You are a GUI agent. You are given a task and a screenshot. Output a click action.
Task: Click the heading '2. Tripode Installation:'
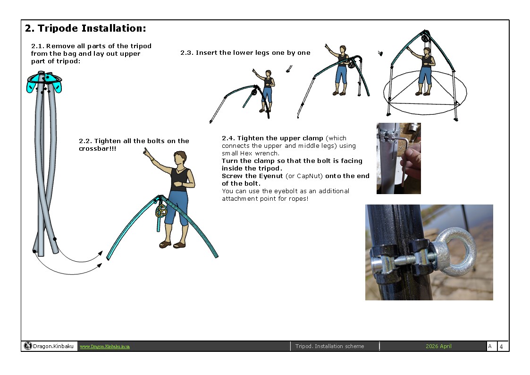[85, 28]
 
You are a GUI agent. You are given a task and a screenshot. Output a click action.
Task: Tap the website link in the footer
[105, 347]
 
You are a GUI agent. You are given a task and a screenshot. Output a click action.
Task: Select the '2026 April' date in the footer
[438, 346]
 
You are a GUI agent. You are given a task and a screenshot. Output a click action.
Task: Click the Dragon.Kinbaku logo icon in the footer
[28, 346]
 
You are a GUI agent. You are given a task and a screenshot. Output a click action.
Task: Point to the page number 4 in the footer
[501, 346]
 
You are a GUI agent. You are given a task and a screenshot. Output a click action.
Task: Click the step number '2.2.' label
[85, 141]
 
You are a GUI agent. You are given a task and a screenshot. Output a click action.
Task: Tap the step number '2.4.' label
[228, 138]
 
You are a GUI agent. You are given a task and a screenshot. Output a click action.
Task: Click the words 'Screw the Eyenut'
[252, 176]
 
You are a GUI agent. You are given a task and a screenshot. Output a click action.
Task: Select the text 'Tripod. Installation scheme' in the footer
[329, 346]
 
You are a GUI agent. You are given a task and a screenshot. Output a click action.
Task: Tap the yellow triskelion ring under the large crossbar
[161, 211]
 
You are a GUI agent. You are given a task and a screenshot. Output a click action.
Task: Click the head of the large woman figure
[181, 159]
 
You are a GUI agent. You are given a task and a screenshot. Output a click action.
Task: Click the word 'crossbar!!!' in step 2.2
[97, 149]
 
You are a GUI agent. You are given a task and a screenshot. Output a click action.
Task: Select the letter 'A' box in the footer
[490, 346]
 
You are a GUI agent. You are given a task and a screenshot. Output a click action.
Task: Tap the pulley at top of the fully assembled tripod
[425, 37]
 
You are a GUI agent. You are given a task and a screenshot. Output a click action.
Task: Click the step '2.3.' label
[187, 53]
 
